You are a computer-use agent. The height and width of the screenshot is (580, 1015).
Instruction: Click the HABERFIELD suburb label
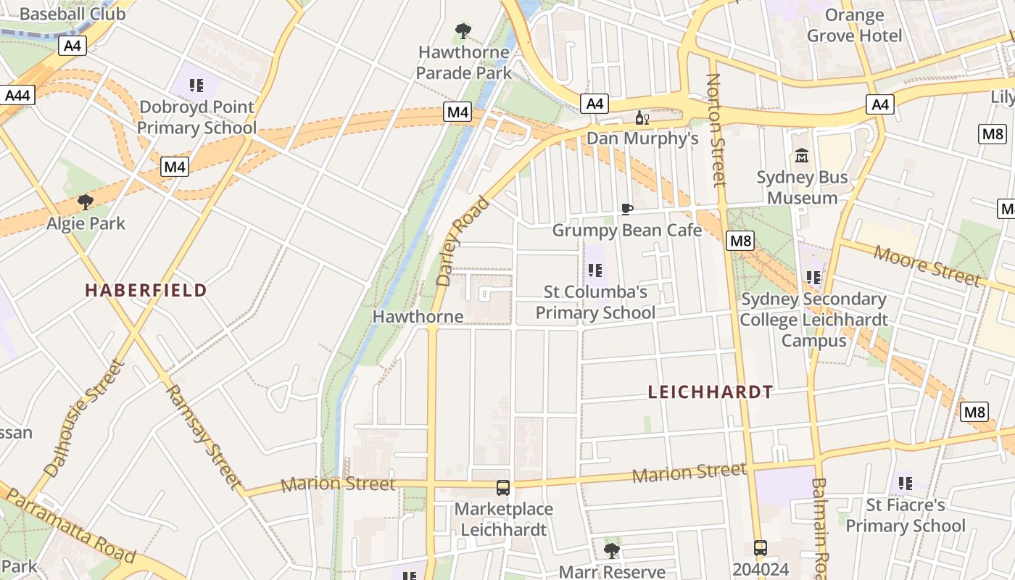(x=146, y=291)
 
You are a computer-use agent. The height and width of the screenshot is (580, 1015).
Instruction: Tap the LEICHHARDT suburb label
(x=710, y=392)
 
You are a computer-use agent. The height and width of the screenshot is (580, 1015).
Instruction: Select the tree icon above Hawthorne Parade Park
(x=463, y=31)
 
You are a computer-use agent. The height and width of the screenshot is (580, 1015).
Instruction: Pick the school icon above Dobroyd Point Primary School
(x=196, y=86)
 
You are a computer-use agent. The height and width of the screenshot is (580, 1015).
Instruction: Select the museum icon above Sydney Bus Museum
(x=802, y=156)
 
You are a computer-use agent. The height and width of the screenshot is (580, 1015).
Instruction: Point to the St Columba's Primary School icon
(x=595, y=271)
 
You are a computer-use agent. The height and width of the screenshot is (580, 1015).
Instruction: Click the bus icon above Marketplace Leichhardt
(x=503, y=488)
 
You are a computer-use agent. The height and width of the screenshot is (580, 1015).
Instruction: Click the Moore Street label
(x=926, y=265)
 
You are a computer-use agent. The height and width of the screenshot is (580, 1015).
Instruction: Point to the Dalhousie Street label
(x=84, y=418)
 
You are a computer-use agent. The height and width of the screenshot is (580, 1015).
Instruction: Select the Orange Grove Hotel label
(x=854, y=25)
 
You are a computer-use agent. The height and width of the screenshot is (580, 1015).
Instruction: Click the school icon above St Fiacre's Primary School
(x=905, y=482)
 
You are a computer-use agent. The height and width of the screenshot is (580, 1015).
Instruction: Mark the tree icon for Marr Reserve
(x=612, y=550)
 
